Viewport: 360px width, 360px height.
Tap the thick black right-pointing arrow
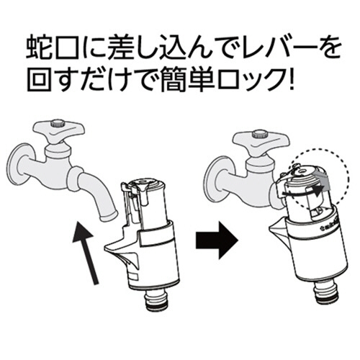click(217, 240)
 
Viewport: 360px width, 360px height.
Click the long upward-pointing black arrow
click(86, 253)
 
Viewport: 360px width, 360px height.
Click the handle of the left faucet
click(59, 131)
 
